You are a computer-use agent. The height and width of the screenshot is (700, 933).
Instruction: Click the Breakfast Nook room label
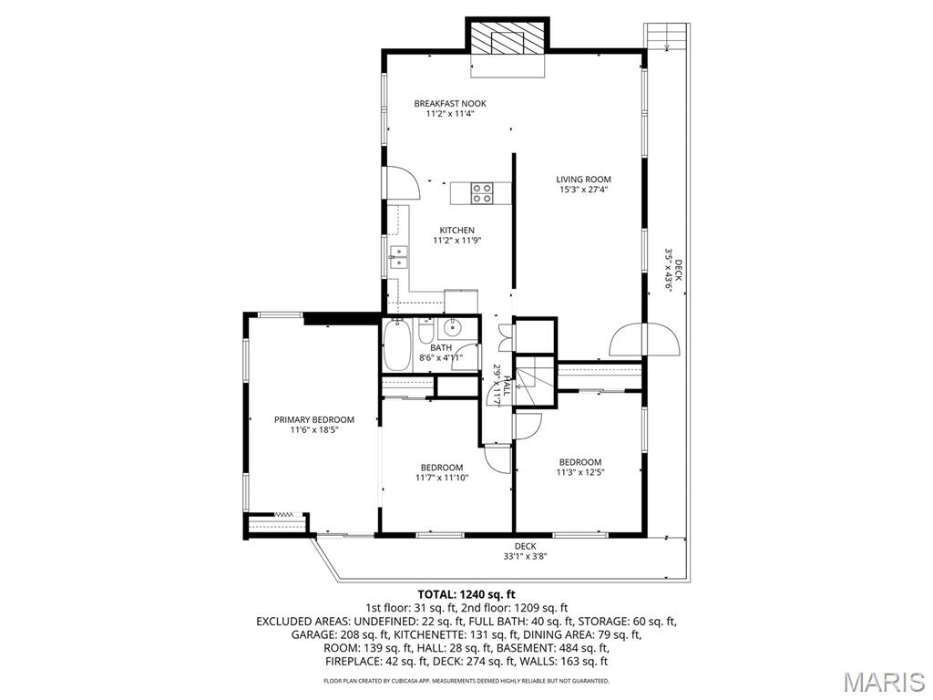coord(450,103)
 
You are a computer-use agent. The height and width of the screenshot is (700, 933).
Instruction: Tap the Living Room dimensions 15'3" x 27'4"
coord(584,190)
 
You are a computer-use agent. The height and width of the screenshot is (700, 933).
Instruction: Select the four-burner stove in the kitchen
coord(482,193)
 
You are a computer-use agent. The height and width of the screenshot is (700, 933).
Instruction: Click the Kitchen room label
coord(456,230)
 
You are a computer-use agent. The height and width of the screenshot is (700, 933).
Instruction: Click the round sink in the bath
coord(451,329)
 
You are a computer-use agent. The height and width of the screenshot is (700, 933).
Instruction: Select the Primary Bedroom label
coord(314,419)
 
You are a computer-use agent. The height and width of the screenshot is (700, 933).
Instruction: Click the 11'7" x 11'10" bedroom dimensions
coord(442,478)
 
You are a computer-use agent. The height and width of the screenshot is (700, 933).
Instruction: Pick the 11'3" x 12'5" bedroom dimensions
coord(580,472)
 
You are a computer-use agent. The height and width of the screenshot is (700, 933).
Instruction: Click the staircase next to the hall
coord(536,377)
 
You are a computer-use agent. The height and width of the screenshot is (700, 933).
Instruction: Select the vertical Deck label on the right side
coord(673,270)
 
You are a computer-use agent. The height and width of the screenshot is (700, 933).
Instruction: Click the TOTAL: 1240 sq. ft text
coord(466,593)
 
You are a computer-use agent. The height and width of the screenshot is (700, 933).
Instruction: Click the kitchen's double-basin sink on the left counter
coord(398,256)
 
